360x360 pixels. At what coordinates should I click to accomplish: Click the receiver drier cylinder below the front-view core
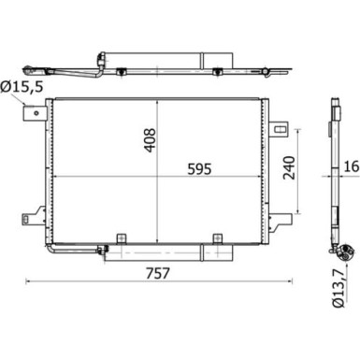point(165,251)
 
